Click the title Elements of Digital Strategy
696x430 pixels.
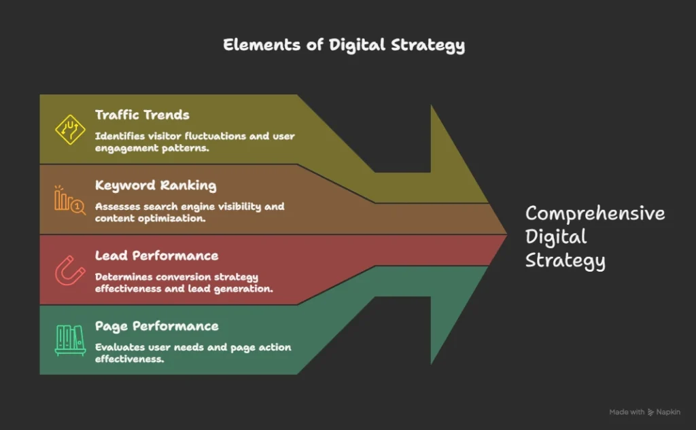tap(344, 45)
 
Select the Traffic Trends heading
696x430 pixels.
tap(142, 115)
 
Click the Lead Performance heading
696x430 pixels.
tap(156, 255)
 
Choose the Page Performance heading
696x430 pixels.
tap(156, 326)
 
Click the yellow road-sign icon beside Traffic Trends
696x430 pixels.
tap(70, 129)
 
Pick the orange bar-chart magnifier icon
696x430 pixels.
tap(70, 200)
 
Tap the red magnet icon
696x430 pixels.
tap(70, 271)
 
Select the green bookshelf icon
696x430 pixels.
tap(70, 340)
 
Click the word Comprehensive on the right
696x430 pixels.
tap(595, 214)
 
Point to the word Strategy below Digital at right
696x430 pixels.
tap(565, 261)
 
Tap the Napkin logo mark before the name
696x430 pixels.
tap(650, 412)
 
